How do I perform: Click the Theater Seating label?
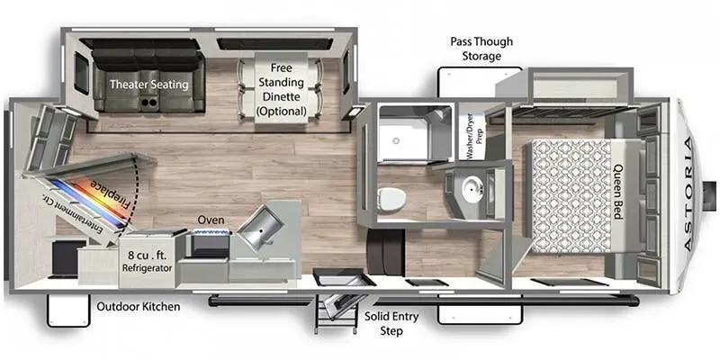pos(149,85)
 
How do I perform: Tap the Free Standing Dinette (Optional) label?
pos(281,89)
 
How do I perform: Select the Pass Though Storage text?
pos(476,49)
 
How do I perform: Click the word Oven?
pos(211,220)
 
